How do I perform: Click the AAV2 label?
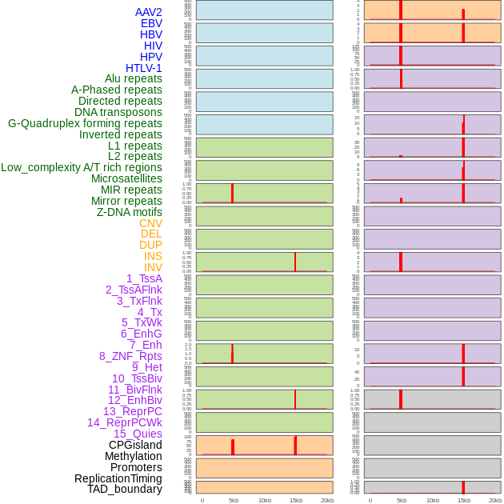pyautogui.click(x=148, y=12)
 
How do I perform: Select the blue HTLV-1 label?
pyautogui.click(x=143, y=68)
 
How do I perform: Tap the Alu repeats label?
pyautogui.click(x=134, y=78)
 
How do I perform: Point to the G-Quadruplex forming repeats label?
pyautogui.click(x=85, y=123)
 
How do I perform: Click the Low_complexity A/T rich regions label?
pyautogui.click(x=82, y=167)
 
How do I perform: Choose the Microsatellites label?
pyautogui.click(x=126, y=178)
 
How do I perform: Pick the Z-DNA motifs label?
pyautogui.click(x=130, y=212)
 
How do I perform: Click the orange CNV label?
pyautogui.click(x=150, y=223)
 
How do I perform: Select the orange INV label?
pyautogui.click(x=153, y=267)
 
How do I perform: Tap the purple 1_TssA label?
pyautogui.click(x=144, y=278)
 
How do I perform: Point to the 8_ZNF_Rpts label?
pyautogui.click(x=130, y=356)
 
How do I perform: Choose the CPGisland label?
pyautogui.click(x=135, y=445)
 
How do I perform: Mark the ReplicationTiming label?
pyautogui.click(x=118, y=478)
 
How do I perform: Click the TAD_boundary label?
pyautogui.click(x=125, y=489)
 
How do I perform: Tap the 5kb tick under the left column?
pyautogui.click(x=234, y=500)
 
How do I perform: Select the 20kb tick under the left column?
pyautogui.click(x=327, y=500)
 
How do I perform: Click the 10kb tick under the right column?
pyautogui.click(x=433, y=500)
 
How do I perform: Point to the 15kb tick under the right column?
pyautogui.click(x=464, y=500)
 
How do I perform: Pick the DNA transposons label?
pyautogui.click(x=118, y=112)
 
